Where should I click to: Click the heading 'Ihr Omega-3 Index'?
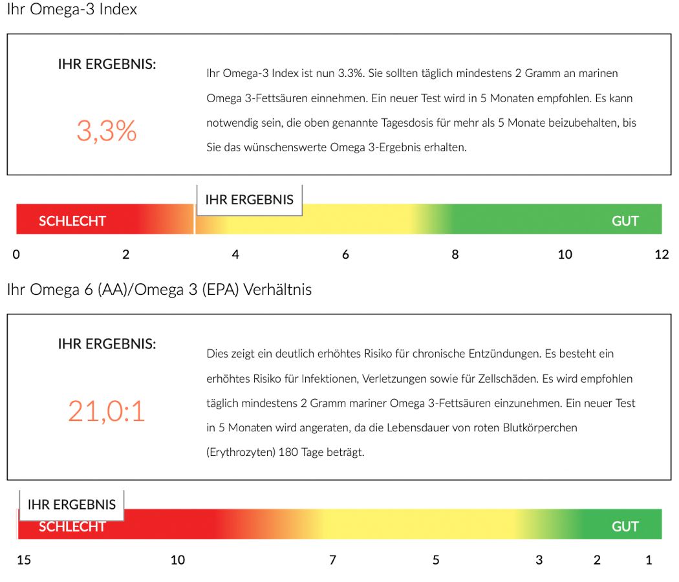(x=72, y=10)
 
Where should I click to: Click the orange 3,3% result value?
(x=107, y=131)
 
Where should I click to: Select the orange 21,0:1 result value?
(x=107, y=411)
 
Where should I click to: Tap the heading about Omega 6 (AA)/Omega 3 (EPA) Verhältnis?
(x=159, y=290)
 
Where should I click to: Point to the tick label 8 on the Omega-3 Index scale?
(x=455, y=255)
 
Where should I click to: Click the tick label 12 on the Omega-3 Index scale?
(x=662, y=255)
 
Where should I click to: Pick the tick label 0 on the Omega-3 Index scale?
(x=16, y=255)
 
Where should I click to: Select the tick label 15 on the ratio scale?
(x=23, y=560)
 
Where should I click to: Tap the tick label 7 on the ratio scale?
(x=332, y=560)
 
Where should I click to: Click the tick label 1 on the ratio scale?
(x=649, y=560)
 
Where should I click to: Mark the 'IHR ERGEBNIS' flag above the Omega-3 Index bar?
(x=249, y=200)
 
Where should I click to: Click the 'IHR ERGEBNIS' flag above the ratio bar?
(x=72, y=504)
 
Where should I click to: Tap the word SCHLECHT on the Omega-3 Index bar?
(x=72, y=221)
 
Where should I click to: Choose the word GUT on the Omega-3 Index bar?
(x=625, y=221)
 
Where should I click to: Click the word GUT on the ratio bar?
(x=625, y=526)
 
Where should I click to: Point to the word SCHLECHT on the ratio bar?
(x=72, y=527)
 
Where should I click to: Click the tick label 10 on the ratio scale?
(x=177, y=560)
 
